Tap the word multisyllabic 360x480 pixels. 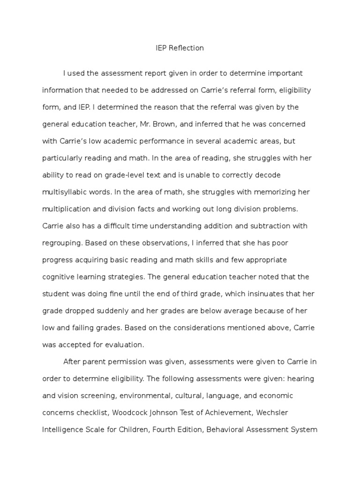point(64,192)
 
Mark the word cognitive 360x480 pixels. point(57,277)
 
